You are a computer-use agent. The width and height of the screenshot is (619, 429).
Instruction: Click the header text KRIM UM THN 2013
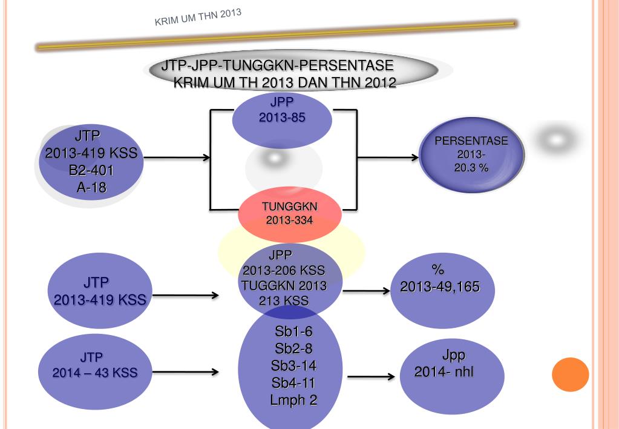tap(198, 18)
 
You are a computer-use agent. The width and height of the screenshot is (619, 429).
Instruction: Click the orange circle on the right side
tap(570, 374)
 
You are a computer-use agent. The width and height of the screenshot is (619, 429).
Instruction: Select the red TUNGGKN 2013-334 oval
tap(290, 214)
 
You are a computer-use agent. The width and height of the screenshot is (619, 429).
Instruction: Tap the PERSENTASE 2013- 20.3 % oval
tap(471, 155)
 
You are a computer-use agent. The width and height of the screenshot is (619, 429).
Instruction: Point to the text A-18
tap(91, 188)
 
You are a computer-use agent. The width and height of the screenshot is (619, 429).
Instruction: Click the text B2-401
tap(91, 171)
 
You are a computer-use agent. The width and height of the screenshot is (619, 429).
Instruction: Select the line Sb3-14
tap(293, 365)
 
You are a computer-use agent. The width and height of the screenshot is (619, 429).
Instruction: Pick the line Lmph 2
tap(293, 400)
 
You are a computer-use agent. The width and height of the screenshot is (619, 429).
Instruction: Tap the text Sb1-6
tap(293, 331)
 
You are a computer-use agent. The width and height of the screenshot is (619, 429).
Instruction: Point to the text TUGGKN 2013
tap(284, 285)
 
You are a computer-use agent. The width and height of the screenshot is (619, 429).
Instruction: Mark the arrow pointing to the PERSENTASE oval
tap(387, 158)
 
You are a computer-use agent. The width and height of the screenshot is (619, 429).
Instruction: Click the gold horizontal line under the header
tap(275, 35)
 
